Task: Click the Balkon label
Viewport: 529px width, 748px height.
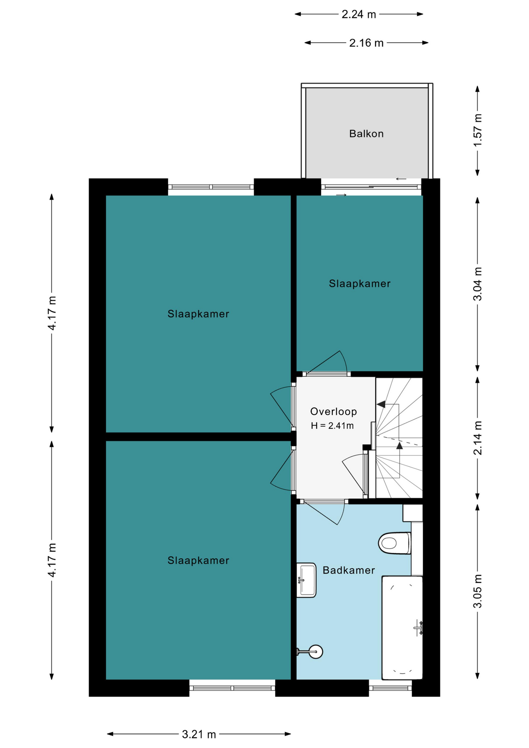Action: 366,134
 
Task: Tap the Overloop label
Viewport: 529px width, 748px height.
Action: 333,411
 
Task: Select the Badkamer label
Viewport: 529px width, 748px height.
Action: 349,570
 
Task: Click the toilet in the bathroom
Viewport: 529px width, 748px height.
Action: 395,543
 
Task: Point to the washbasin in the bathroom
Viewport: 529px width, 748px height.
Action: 306,580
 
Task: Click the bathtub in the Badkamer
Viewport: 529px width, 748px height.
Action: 402,628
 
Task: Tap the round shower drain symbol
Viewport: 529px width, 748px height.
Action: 316,651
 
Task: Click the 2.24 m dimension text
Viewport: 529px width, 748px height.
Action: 359,14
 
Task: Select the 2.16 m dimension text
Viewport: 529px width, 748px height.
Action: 366,43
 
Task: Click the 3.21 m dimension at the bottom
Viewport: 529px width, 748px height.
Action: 199,734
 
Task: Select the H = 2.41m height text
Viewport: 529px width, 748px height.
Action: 332,426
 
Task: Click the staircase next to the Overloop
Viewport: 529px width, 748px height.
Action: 399,438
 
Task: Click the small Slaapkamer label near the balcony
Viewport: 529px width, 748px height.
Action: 360,284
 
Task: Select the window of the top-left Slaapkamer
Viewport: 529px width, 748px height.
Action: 211,187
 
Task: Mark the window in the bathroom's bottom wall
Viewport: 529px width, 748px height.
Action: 390,688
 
